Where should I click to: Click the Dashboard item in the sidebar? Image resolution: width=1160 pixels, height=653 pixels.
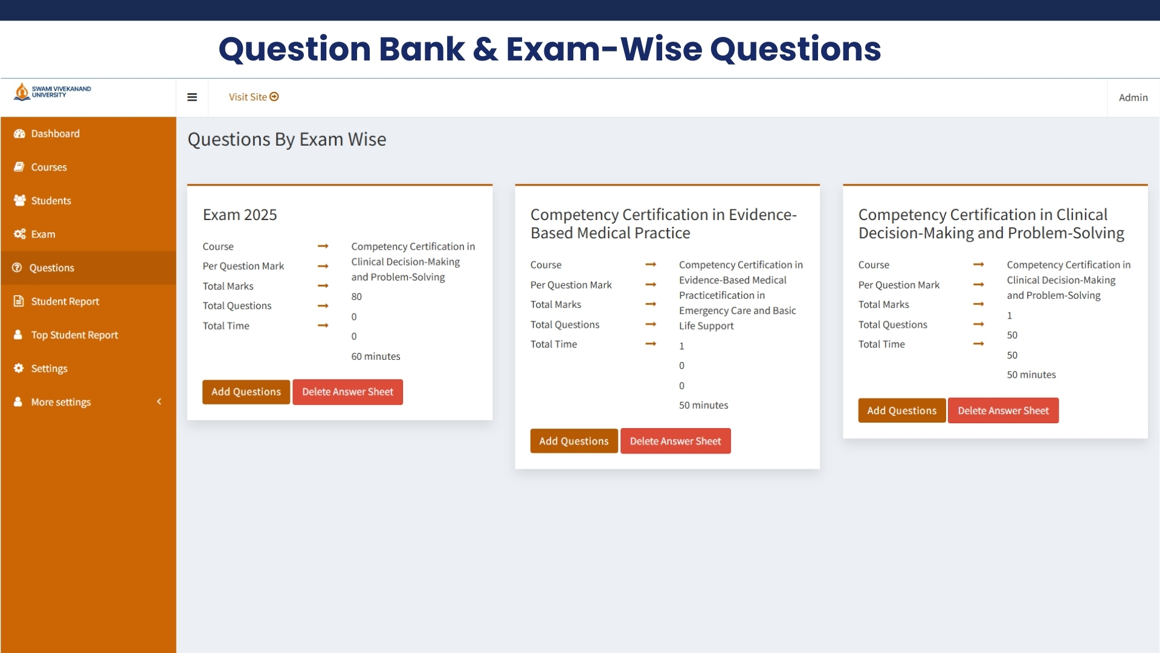[54, 134]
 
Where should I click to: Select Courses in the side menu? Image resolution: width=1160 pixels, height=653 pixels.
[48, 167]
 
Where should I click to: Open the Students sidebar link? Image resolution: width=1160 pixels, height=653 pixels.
[51, 201]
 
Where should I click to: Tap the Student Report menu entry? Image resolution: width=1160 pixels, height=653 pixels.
[65, 301]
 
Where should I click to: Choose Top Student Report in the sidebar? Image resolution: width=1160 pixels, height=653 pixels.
[74, 335]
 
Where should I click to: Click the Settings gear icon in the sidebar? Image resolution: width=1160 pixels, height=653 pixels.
[19, 368]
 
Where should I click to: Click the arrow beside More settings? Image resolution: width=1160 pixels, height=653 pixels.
[159, 401]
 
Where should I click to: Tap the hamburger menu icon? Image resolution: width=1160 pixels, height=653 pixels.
[192, 97]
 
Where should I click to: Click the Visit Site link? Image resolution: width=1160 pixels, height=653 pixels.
[253, 97]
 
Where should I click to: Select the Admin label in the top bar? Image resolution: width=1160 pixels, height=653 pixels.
[1133, 97]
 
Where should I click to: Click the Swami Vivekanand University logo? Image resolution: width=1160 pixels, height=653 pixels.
[53, 92]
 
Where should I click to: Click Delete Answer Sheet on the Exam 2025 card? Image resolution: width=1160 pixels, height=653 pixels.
[347, 392]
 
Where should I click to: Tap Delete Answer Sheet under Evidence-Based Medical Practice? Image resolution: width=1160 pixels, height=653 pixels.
[675, 441]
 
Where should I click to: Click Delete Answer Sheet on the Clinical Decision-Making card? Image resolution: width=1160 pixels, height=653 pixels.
[1003, 411]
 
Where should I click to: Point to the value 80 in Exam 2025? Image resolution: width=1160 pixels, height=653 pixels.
[356, 297]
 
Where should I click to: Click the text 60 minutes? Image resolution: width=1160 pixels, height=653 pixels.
[376, 357]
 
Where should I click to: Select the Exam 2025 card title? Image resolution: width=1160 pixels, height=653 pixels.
[240, 215]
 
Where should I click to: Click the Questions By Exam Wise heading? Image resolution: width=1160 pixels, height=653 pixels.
[287, 140]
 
